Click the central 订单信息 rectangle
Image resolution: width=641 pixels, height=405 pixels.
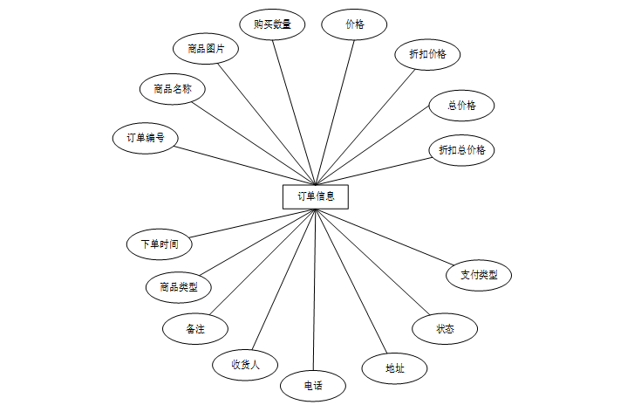[316, 196]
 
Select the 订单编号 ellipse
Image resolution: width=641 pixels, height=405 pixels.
[146, 138]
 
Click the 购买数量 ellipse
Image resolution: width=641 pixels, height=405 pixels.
[272, 24]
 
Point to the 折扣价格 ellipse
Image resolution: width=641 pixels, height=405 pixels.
[427, 54]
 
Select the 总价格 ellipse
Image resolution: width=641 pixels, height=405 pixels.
[461, 106]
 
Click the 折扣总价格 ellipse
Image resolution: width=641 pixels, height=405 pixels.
[461, 150]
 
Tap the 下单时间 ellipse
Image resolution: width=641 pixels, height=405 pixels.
[159, 244]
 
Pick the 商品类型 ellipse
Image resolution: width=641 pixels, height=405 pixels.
[178, 286]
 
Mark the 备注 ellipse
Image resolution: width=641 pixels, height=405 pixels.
[195, 329]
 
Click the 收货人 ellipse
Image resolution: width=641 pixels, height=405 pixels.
[246, 364]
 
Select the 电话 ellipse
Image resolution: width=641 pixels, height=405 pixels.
[312, 385]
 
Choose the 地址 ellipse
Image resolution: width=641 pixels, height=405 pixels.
[394, 368]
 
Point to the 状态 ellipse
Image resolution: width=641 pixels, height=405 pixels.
[445, 329]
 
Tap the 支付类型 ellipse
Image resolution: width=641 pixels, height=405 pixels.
[479, 275]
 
